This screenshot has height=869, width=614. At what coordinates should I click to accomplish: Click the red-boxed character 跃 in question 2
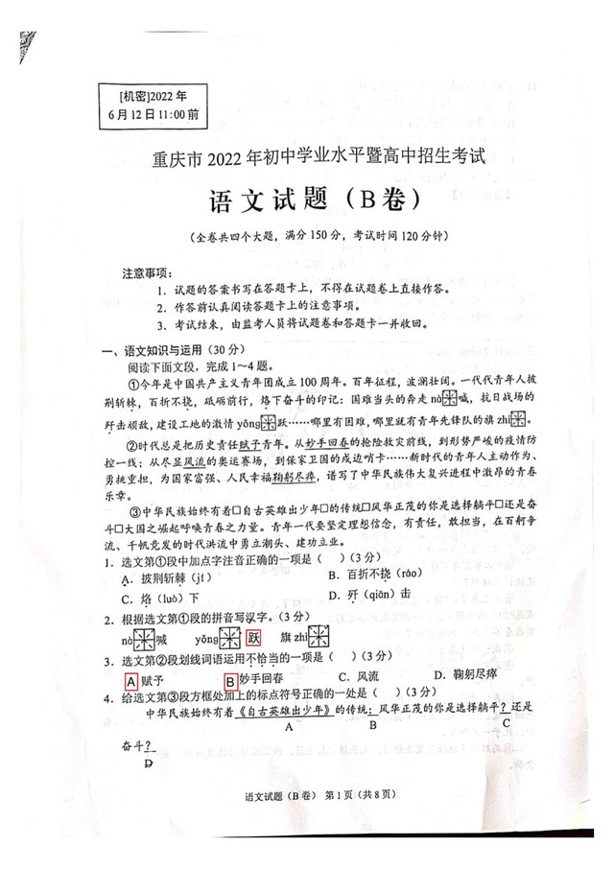254,638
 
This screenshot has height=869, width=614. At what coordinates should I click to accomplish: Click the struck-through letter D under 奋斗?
147,763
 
